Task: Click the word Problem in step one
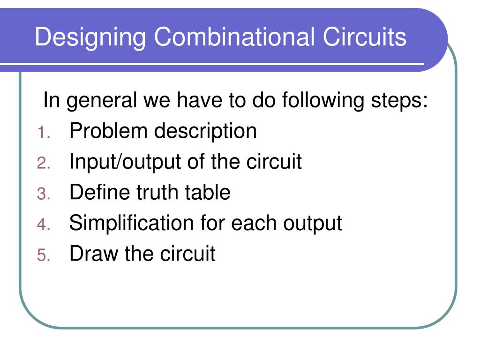coord(108,131)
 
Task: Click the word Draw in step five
coord(94,254)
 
